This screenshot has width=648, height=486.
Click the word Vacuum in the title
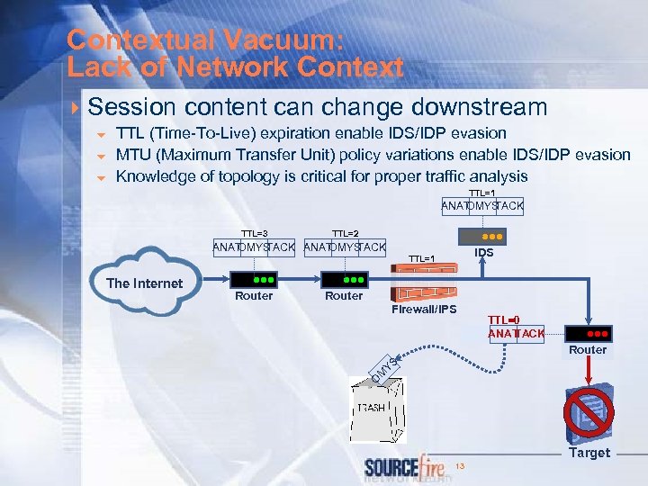tap(292, 40)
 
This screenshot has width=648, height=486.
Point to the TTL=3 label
tap(254, 233)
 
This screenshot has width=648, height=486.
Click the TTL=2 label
tap(345, 233)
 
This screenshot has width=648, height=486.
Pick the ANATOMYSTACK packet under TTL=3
tap(254, 247)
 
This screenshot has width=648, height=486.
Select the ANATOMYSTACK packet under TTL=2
tap(345, 247)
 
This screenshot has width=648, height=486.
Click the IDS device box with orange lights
tap(483, 236)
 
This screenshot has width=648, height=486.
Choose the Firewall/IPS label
tap(424, 310)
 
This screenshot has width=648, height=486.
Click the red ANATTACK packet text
tap(516, 334)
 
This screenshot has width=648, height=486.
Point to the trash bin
tap(378, 409)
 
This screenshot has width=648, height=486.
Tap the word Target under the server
tap(589, 453)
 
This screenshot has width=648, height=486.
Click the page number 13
tap(459, 465)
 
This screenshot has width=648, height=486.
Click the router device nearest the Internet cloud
tap(254, 279)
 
